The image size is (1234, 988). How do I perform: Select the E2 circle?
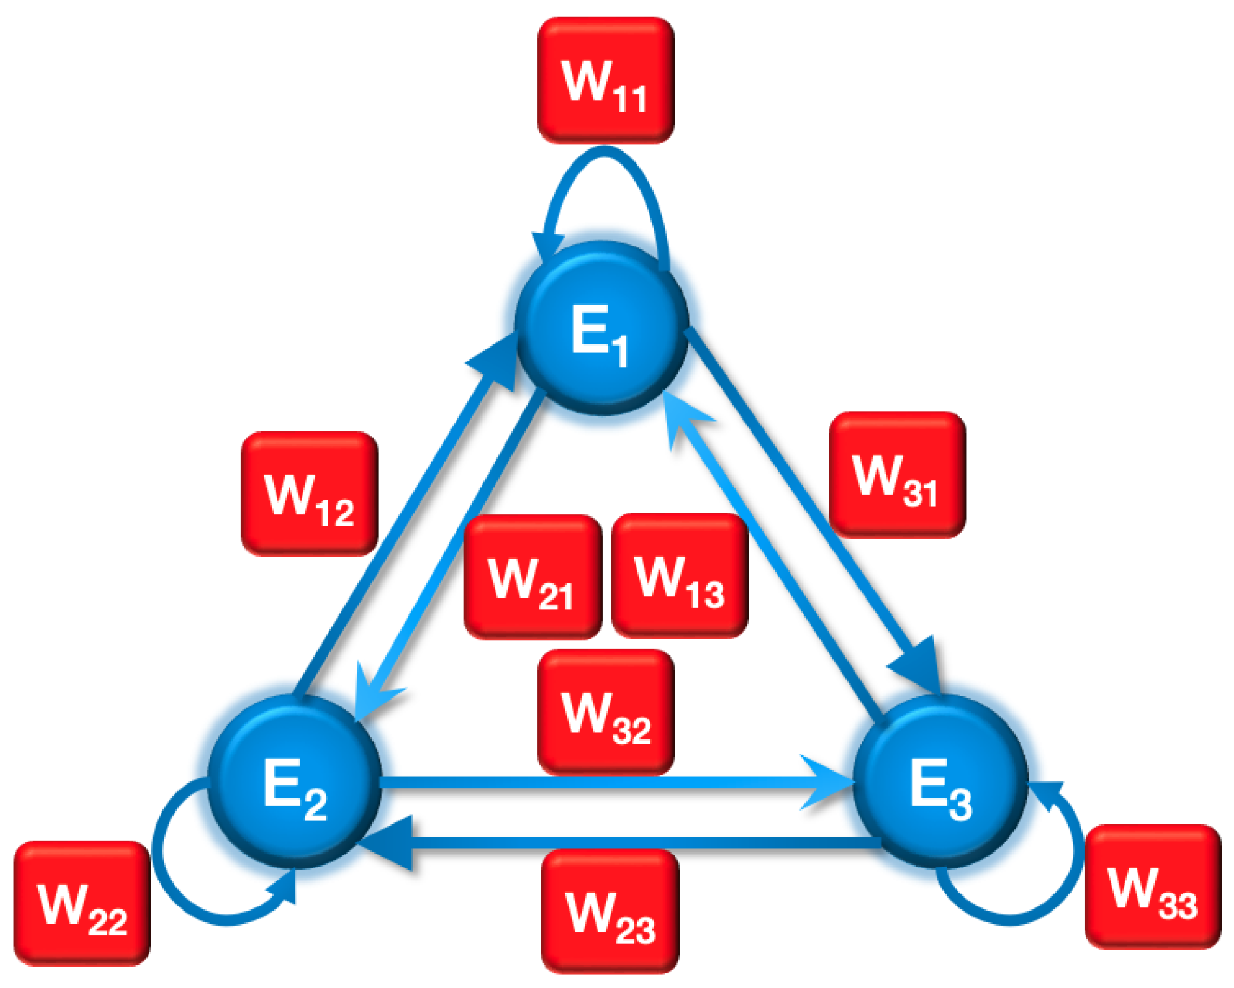point(294,781)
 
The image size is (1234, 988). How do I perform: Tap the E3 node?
point(940,781)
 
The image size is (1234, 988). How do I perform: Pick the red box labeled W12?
point(309,494)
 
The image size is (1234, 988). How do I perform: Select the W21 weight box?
point(532,577)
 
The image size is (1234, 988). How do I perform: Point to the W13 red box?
point(680,576)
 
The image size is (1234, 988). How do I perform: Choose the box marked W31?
point(897,475)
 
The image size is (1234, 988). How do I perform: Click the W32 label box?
point(606,712)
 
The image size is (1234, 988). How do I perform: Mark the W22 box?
point(82,903)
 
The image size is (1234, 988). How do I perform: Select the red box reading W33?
point(1153,887)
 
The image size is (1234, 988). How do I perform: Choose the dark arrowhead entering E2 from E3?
point(390,843)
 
